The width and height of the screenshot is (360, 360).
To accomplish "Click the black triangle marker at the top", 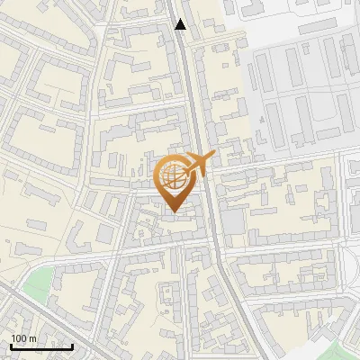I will click(181, 24).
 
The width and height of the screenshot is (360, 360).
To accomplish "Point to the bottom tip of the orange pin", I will click(175, 212).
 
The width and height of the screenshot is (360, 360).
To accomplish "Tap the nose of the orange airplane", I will click(213, 156).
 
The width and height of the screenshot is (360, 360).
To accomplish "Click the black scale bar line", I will click(41, 347).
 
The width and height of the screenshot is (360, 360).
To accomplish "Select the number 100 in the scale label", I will click(19, 338).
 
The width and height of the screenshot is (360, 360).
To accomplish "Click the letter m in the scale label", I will click(31, 338).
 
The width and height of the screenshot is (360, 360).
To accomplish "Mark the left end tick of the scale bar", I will click(11, 346).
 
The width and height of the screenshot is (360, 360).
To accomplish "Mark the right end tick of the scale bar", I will click(72, 346).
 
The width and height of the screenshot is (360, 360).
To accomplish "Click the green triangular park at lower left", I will click(36, 286).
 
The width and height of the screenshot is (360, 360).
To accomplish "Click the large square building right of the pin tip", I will click(232, 220).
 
